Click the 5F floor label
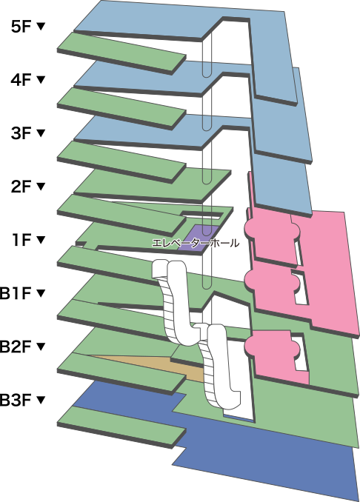tap(21, 27)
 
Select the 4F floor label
tap(21, 80)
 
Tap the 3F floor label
tap(21, 133)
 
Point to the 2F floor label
tap(21, 187)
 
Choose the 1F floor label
tap(21, 240)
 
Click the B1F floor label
tap(16, 294)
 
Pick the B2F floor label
tap(16, 347)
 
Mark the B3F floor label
tap(16, 400)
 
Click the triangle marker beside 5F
tap(40, 27)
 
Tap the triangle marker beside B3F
tap(40, 400)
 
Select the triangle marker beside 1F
tap(40, 240)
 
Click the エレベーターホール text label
tap(196, 244)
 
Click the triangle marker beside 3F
tap(40, 133)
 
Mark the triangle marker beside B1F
tap(40, 293)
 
